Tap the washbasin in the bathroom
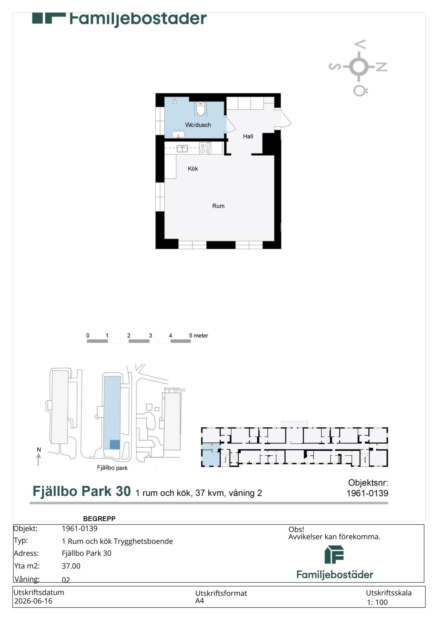click(178, 134)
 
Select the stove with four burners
click(205, 148)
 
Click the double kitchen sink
click(182, 148)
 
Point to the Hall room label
click(248, 136)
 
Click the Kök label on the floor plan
click(193, 169)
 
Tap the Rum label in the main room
click(218, 206)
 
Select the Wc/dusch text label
click(198, 125)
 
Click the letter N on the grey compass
click(382, 67)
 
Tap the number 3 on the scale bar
click(150, 335)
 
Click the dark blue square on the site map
click(115, 445)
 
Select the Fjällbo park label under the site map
click(112, 468)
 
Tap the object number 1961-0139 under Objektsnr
click(367, 493)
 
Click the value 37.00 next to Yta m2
click(71, 566)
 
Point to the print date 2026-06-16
click(33, 601)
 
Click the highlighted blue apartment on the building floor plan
click(211, 454)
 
